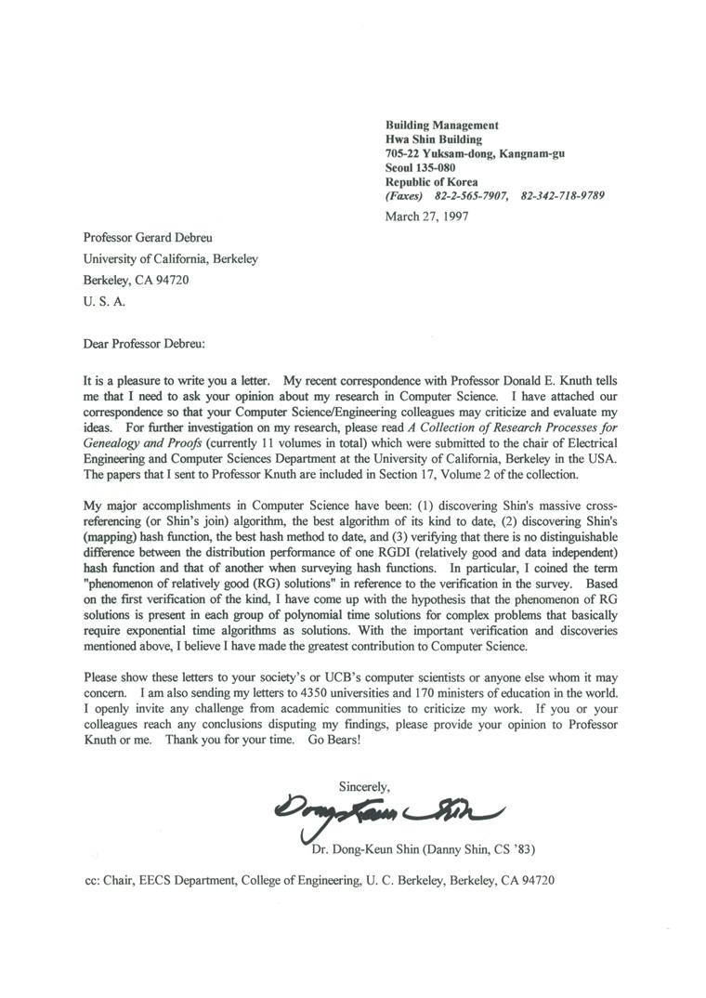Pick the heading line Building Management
(x=442, y=125)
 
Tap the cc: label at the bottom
(x=93, y=880)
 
